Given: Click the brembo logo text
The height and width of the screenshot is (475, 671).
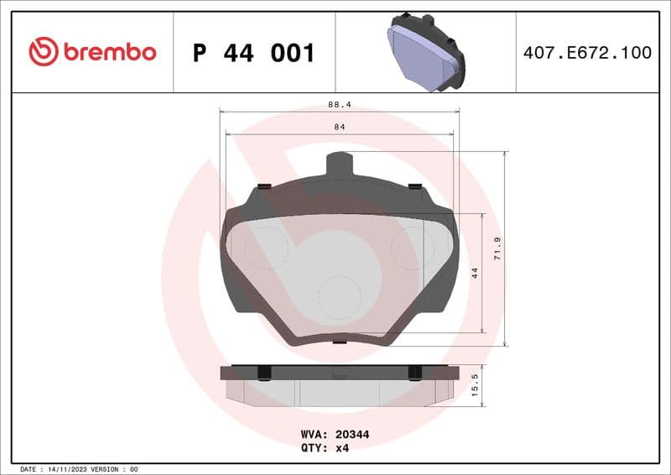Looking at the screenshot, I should (109, 52).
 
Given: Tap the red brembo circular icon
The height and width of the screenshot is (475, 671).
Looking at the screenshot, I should (44, 52).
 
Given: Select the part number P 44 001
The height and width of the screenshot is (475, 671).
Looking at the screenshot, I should (253, 53).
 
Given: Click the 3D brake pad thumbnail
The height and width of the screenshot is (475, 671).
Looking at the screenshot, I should (424, 52).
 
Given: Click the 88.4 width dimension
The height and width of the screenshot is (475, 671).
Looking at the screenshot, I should (339, 106).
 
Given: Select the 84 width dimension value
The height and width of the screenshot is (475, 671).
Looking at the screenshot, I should (339, 127).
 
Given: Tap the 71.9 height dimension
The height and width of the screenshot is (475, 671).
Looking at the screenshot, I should (497, 248).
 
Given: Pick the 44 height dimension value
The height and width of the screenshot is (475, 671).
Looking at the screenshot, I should (475, 273).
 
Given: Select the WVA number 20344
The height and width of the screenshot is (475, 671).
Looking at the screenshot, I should (353, 435).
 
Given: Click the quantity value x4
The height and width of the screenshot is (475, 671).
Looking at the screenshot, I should (341, 448).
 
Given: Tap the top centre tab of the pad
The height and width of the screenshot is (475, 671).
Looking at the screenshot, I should (339, 163).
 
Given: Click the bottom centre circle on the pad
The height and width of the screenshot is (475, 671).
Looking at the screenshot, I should (339, 297).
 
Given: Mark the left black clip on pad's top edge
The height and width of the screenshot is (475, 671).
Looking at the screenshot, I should (263, 186).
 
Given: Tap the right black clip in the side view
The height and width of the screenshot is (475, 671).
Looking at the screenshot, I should (414, 373).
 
